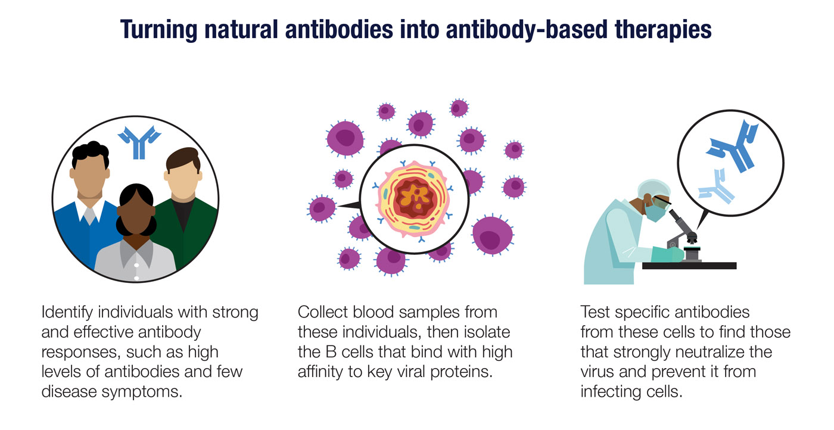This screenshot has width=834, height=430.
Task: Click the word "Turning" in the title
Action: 158,30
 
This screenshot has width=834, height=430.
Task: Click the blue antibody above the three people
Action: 139,142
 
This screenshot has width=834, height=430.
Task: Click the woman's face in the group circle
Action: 136,217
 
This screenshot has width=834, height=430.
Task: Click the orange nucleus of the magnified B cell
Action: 416,197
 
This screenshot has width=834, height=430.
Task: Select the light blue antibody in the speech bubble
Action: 715,186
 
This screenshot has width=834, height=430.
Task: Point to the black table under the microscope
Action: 689,266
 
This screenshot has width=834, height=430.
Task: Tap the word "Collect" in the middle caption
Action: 322,312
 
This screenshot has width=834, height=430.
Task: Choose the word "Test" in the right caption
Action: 595,312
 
